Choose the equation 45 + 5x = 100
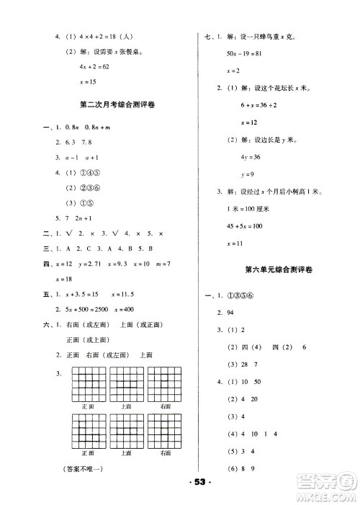(248, 226)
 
